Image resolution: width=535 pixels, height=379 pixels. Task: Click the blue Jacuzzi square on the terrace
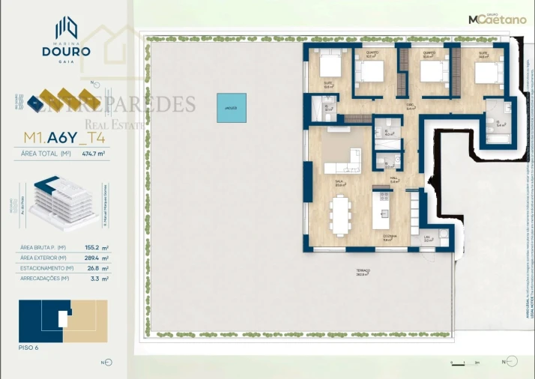tap(230, 108)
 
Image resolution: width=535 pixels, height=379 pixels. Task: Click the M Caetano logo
tap(497, 19)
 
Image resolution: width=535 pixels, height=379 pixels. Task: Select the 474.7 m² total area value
tap(94, 154)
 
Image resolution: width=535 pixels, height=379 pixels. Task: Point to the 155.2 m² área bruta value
tap(95, 247)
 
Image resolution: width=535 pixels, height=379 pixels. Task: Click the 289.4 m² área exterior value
tap(95, 258)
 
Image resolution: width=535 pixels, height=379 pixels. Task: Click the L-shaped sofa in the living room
tap(343, 160)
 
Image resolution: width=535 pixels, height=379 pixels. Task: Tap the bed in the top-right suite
tap(488, 73)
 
